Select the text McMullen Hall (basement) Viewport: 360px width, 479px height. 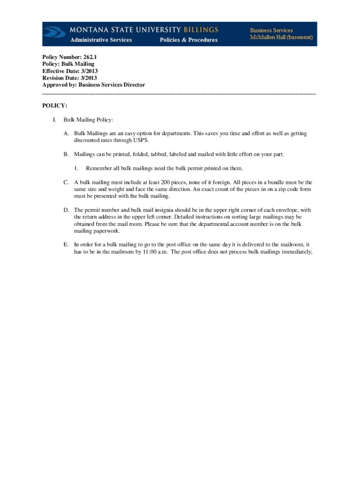click(x=281, y=37)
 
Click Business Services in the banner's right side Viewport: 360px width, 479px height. click(x=271, y=30)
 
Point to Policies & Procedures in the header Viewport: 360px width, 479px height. click(x=188, y=40)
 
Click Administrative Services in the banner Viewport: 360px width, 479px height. click(x=101, y=40)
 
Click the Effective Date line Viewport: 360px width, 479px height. click(x=70, y=71)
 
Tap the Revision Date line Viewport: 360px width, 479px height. click(x=70, y=78)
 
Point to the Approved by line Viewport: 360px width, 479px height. click(x=94, y=85)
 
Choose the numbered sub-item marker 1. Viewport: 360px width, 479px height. click(x=76, y=168)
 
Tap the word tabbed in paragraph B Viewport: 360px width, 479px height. click(x=155, y=154)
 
